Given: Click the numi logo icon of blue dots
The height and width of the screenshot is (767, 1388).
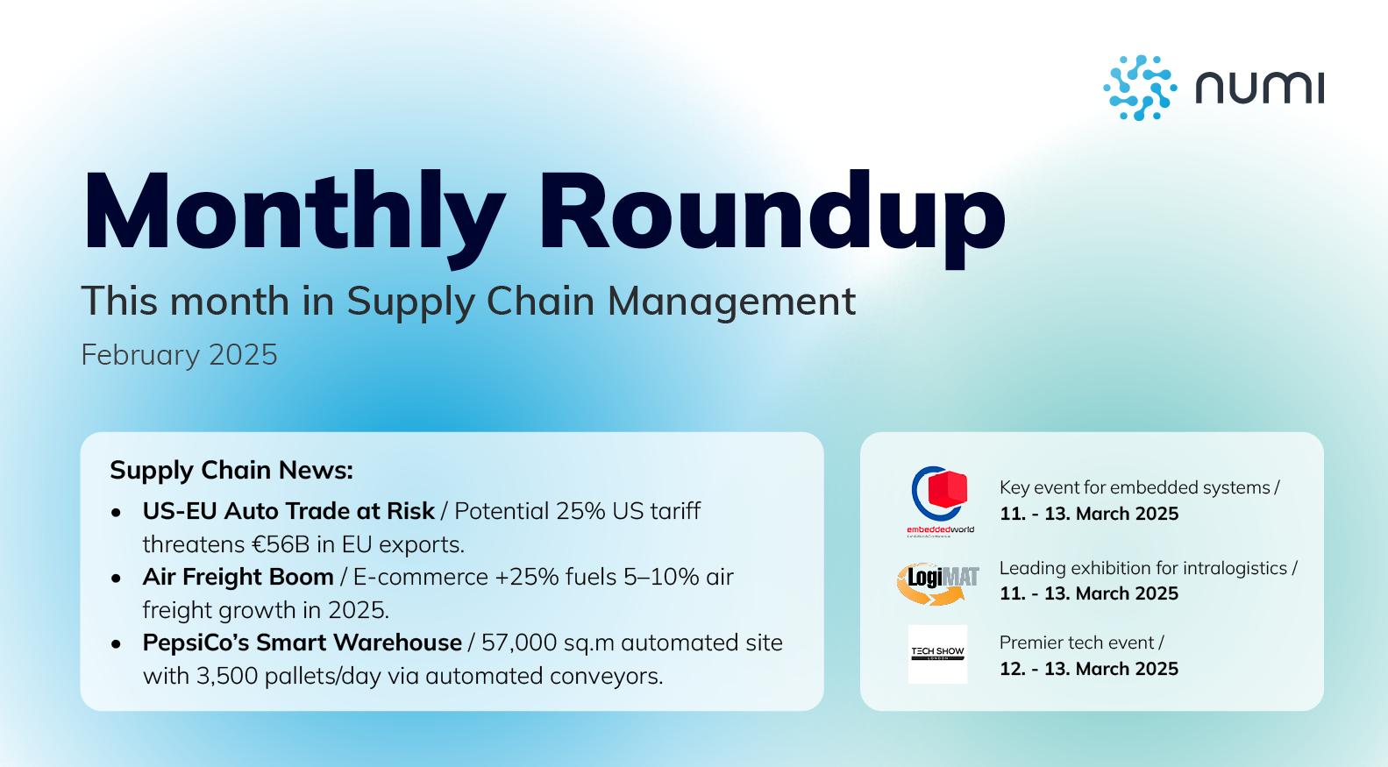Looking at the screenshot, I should tap(1139, 88).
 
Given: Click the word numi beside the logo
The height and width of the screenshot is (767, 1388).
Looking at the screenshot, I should tap(1259, 89).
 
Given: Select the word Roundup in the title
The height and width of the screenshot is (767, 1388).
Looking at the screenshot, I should tap(771, 213).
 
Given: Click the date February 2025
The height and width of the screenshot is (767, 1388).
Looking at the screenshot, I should tap(179, 355).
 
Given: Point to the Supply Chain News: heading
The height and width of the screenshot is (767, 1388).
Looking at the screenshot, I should tap(231, 471).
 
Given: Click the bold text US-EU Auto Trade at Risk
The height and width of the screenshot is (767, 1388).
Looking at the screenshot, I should tap(288, 511).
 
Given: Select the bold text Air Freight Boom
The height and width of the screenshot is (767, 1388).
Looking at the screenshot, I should tap(238, 577).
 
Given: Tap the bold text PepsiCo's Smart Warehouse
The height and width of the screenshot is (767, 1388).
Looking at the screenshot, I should tap(302, 643).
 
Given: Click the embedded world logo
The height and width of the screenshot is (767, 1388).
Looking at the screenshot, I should tap(939, 501).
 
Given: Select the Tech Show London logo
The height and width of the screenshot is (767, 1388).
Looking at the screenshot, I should tap(937, 654).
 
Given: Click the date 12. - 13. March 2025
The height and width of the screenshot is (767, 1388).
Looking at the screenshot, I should tap(1089, 669).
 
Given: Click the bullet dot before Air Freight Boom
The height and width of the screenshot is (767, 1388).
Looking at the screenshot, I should tap(117, 578).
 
